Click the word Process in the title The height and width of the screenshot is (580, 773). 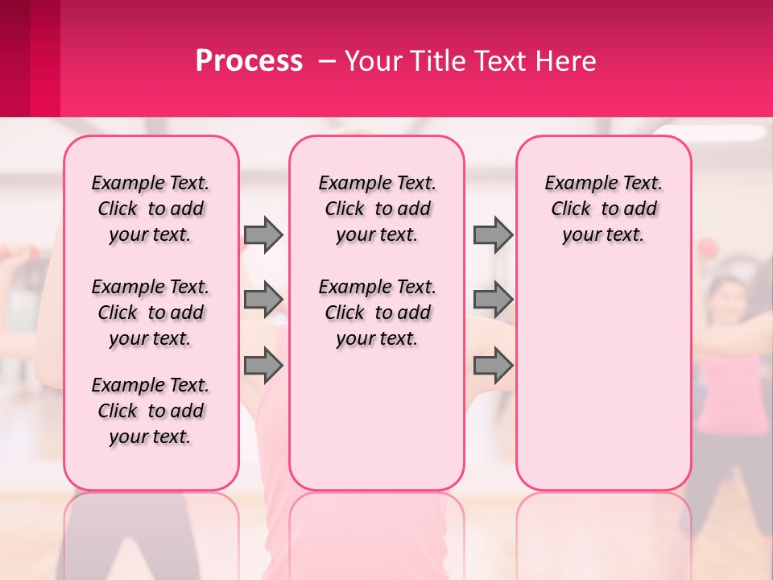pyautogui.click(x=249, y=61)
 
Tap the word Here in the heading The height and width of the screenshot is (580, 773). pyautogui.click(x=566, y=61)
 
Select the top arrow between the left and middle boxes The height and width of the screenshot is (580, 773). pyautogui.click(x=263, y=234)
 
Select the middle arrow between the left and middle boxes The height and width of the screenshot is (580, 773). pyautogui.click(x=263, y=300)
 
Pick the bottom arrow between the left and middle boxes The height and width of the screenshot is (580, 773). pyautogui.click(x=263, y=366)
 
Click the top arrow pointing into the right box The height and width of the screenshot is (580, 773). pyautogui.click(x=493, y=234)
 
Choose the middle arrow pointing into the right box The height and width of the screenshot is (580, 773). pyautogui.click(x=493, y=300)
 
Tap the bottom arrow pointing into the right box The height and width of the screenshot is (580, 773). pyautogui.click(x=493, y=366)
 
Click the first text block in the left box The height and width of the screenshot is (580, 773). pyautogui.click(x=151, y=209)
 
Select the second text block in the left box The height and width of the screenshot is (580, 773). pyautogui.click(x=151, y=313)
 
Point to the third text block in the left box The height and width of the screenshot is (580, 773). pyautogui.click(x=151, y=411)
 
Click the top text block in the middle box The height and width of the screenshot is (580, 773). pyautogui.click(x=377, y=209)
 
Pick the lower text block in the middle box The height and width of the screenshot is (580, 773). pyautogui.click(x=377, y=313)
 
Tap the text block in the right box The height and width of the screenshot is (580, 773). pyautogui.click(x=604, y=209)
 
